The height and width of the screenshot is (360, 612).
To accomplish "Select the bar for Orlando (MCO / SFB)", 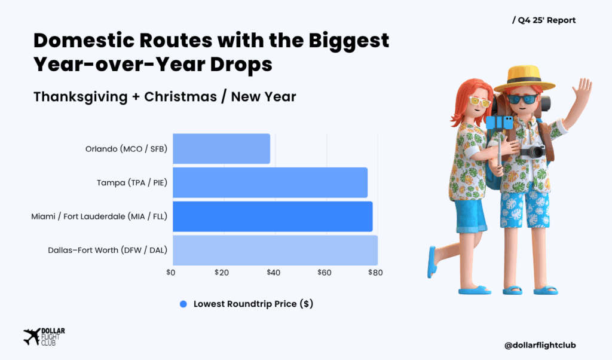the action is pyautogui.click(x=221, y=149).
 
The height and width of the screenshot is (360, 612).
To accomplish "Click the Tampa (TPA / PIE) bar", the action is pyautogui.click(x=270, y=182).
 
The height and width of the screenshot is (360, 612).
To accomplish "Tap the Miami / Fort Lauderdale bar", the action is pyautogui.click(x=273, y=216).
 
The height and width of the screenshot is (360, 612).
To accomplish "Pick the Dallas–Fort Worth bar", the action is pyautogui.click(x=275, y=251).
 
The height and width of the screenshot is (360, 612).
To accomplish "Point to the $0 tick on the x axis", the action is pyautogui.click(x=170, y=273).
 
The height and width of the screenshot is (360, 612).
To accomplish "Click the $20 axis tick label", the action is pyautogui.click(x=222, y=273).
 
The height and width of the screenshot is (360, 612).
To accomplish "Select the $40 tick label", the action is pyautogui.click(x=273, y=273).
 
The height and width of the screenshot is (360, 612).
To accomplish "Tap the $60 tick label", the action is pyautogui.click(x=325, y=273).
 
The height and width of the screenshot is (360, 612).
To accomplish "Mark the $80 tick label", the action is pyautogui.click(x=375, y=273).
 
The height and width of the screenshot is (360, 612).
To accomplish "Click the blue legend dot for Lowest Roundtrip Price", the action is pyautogui.click(x=183, y=304).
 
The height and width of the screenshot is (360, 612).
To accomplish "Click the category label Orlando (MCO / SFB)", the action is pyautogui.click(x=126, y=149).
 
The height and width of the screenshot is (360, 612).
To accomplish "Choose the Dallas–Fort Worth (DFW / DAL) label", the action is pyautogui.click(x=108, y=251).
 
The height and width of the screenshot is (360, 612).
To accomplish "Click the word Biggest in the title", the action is pyautogui.click(x=349, y=41).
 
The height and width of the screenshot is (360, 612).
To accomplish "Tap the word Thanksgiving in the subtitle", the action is pyautogui.click(x=81, y=97).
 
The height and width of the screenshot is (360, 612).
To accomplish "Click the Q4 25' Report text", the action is pyautogui.click(x=544, y=20).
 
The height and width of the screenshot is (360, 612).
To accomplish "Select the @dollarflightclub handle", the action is pyautogui.click(x=540, y=345).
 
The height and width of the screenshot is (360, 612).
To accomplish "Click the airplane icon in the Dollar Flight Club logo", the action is pyautogui.click(x=32, y=337).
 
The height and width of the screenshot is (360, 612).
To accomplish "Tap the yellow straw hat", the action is pyautogui.click(x=524, y=80).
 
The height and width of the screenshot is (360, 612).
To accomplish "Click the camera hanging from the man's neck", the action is pyautogui.click(x=533, y=151).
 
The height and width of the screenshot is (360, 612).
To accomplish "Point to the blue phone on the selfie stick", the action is pyautogui.click(x=500, y=122).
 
